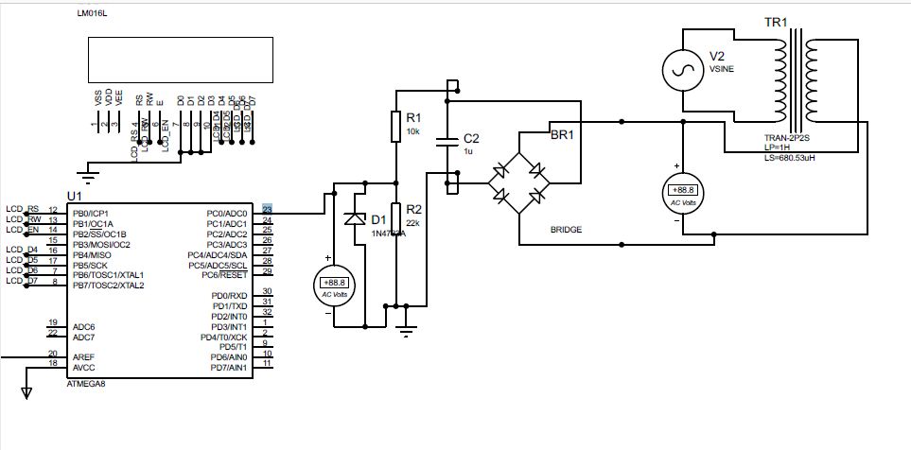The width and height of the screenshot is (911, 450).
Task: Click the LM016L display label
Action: [94, 15]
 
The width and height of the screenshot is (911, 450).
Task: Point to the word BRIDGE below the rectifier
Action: [566, 230]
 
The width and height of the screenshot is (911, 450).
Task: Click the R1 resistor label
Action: [413, 118]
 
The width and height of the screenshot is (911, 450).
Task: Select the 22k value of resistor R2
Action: [413, 222]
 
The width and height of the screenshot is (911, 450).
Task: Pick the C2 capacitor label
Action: [470, 138]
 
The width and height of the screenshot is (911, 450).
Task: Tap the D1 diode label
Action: [379, 219]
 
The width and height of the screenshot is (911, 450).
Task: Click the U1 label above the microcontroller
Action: [74, 196]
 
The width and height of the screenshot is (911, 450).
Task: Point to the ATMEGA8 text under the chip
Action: [86, 384]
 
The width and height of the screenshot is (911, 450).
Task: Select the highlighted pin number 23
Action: [268, 210]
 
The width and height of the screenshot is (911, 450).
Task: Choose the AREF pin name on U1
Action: [83, 356]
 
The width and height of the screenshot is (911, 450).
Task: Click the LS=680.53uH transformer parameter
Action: [795, 158]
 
